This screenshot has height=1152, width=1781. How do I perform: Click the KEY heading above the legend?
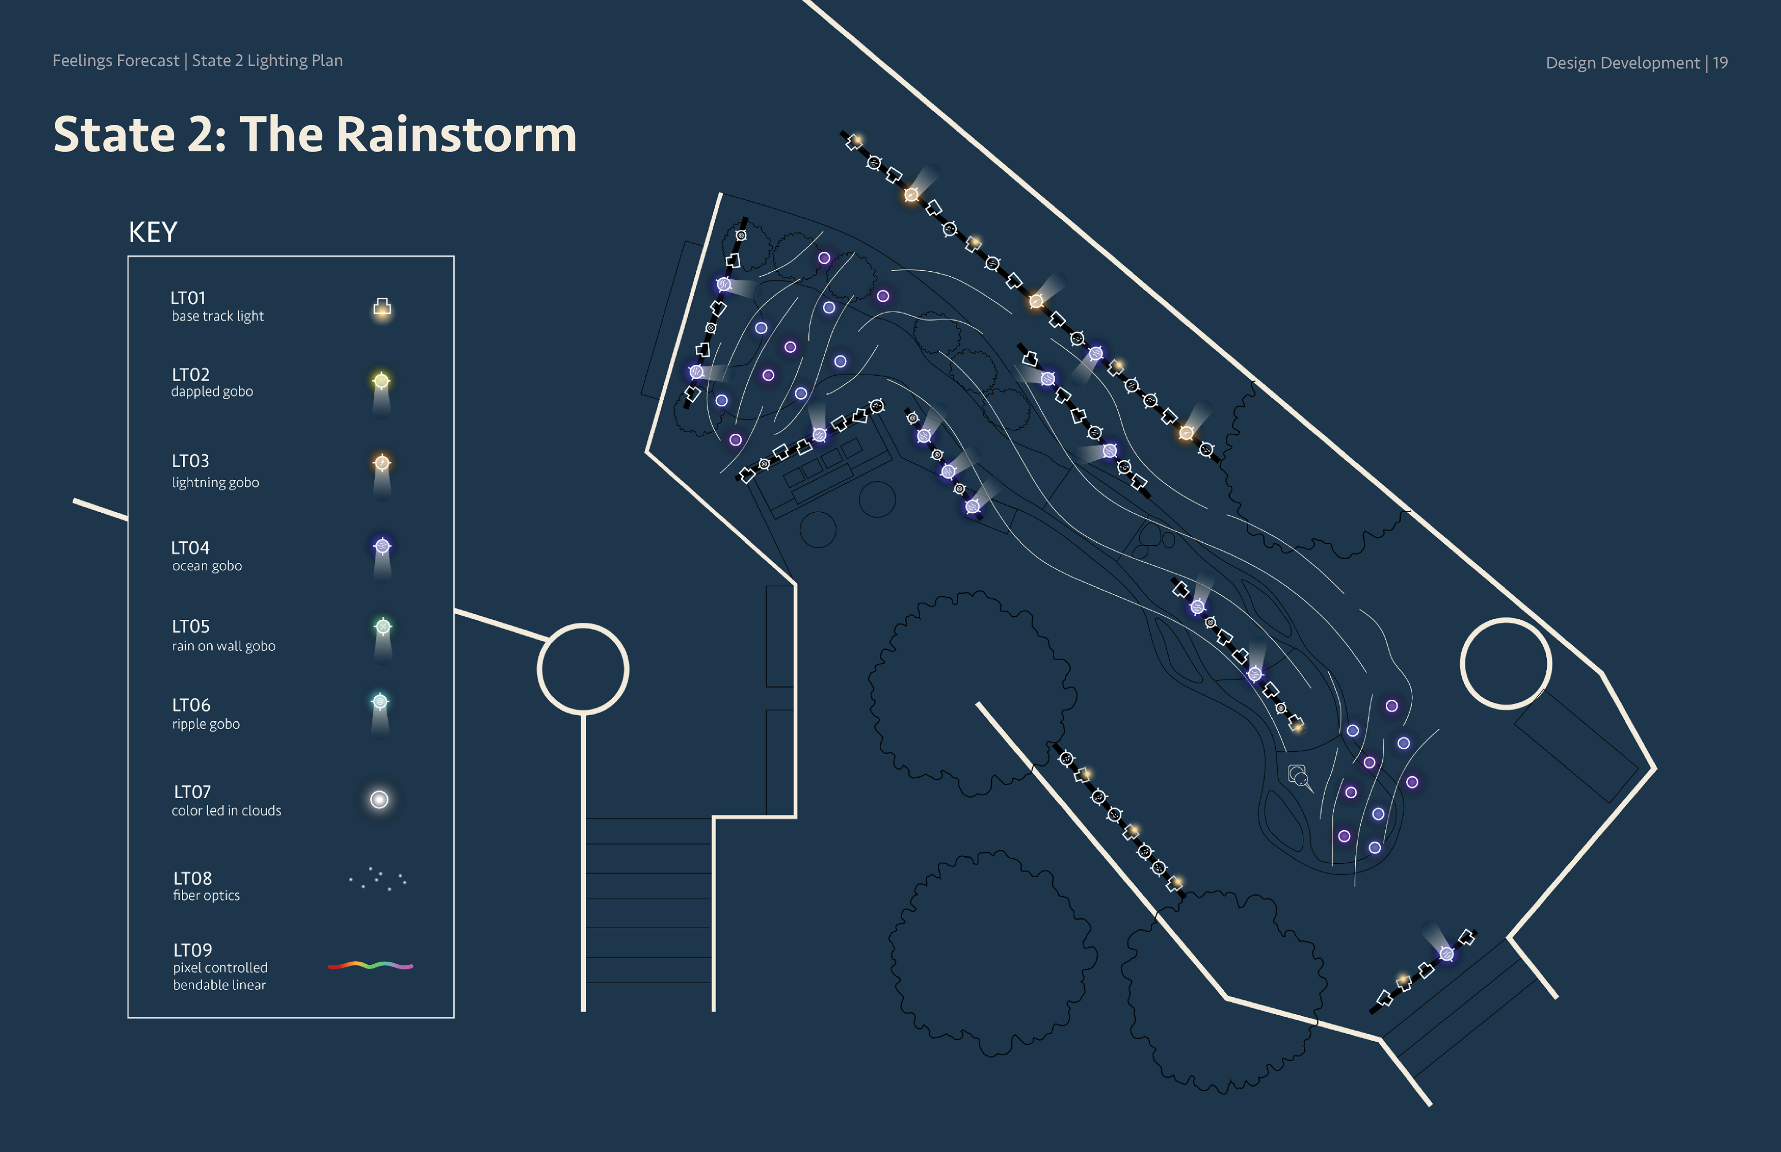[x=153, y=233]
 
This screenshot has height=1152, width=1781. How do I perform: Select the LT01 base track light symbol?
[x=382, y=307]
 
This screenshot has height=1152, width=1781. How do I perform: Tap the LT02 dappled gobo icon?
[x=381, y=382]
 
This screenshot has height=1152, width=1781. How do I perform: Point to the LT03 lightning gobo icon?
[x=382, y=464]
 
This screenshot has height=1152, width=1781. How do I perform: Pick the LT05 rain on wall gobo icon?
[x=382, y=627]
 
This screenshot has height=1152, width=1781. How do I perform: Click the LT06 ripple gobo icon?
[x=380, y=702]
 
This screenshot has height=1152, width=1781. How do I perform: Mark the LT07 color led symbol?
[x=379, y=800]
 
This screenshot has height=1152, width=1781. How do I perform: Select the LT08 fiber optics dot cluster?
[x=378, y=879]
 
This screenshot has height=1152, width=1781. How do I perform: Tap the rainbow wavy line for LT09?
[x=371, y=966]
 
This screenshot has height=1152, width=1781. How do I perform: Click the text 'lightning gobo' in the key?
[x=216, y=483]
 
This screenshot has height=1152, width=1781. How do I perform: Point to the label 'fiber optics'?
[x=206, y=896]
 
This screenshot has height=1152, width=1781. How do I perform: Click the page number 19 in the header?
[x=1720, y=63]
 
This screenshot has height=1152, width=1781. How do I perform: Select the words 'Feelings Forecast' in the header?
[x=116, y=61]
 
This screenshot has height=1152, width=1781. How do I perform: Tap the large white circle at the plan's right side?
[x=1506, y=663]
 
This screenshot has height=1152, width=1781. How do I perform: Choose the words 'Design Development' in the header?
[x=1622, y=63]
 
